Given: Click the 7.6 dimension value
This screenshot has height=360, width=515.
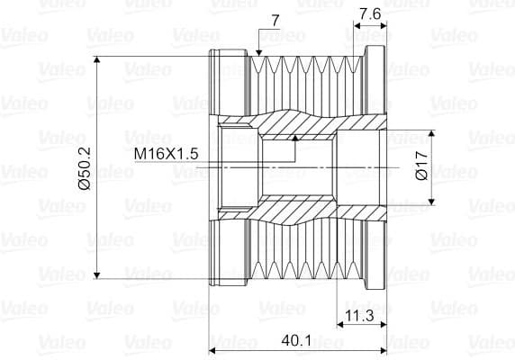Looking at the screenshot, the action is tap(370, 13).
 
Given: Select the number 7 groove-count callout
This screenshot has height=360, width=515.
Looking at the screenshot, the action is tap(276, 21).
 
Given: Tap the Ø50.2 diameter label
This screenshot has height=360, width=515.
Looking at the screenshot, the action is tap(85, 168).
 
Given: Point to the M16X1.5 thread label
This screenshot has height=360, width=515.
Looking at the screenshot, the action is tap(167, 153).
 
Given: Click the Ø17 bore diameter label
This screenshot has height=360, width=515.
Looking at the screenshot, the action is tap(421, 166).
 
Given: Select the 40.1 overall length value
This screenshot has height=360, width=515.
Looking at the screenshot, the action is tap(296, 340).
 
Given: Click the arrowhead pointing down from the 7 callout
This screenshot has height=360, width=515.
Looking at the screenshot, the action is tap(258, 52).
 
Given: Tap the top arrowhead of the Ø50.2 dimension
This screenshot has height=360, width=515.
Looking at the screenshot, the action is tap(96, 59).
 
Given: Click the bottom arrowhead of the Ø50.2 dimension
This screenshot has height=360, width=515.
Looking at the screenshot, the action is tap(96, 275).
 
